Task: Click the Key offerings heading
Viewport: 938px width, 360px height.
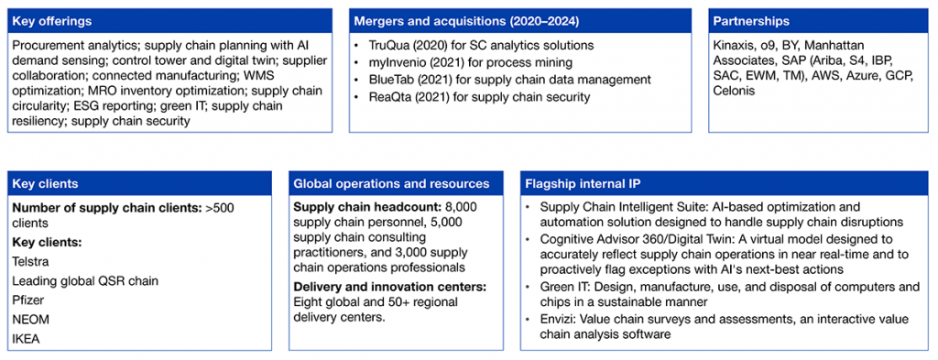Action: (52, 22)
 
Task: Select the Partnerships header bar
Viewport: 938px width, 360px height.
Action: (820, 21)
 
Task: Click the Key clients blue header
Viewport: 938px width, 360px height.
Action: (141, 184)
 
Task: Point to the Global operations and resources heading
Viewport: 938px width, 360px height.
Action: (391, 183)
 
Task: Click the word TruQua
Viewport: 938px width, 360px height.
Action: (388, 46)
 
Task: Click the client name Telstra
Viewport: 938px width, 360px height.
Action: (29, 261)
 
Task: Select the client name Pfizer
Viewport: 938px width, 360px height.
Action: (27, 300)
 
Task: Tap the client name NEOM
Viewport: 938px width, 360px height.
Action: (31, 320)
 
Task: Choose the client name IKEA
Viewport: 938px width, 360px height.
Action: (26, 339)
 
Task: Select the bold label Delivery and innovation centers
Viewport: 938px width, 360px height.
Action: (390, 288)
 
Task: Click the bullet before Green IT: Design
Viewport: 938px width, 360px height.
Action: (529, 288)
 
